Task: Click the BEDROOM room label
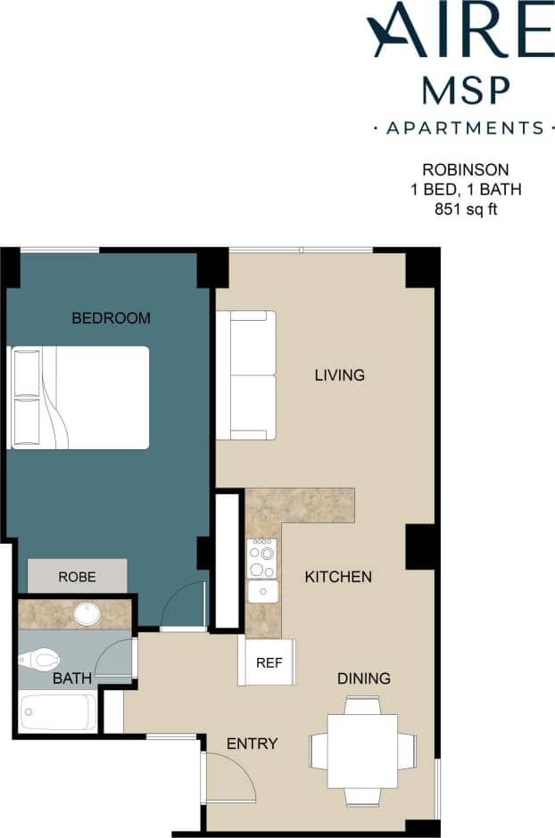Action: pyautogui.click(x=111, y=317)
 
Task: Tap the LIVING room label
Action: pyautogui.click(x=339, y=375)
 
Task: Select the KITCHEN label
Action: pyautogui.click(x=338, y=577)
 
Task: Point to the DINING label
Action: pyautogui.click(x=364, y=678)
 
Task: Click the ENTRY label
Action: pyautogui.click(x=252, y=744)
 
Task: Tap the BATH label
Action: pyautogui.click(x=71, y=678)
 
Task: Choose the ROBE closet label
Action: pyautogui.click(x=77, y=576)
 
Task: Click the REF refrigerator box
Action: pyautogui.click(x=268, y=662)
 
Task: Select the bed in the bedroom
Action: pyautogui.click(x=80, y=398)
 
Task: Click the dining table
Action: pyautogui.click(x=362, y=750)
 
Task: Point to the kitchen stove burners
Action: pyautogui.click(x=262, y=558)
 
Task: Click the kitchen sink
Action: pyautogui.click(x=263, y=591)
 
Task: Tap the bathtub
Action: pyautogui.click(x=58, y=712)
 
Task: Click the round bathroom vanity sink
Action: pyautogui.click(x=87, y=613)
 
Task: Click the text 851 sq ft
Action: pyautogui.click(x=466, y=210)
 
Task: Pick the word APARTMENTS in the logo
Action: pyautogui.click(x=465, y=128)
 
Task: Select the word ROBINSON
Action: pyautogui.click(x=466, y=169)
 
